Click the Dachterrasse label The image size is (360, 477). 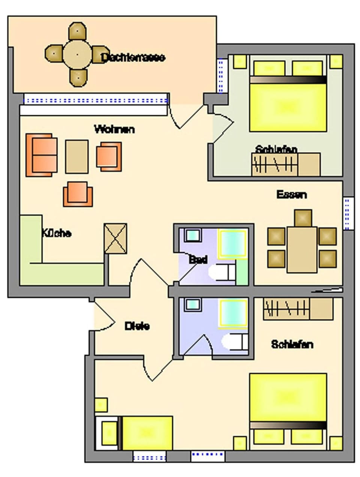coord(133,57)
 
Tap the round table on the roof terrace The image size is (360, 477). coord(77,55)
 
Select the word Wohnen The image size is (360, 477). coord(114,129)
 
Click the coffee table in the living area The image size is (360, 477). coord(77,156)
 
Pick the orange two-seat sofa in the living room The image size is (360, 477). coord(41,155)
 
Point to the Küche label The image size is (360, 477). coord(56,233)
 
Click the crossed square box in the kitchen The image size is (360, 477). coord(115,238)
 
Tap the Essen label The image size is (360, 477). coord(292,194)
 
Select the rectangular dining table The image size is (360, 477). coord(302,250)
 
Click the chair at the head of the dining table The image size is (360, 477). coord(303,218)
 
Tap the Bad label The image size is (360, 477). coord(198,259)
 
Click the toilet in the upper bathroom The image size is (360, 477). coord(221,272)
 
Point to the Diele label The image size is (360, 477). coord(137,326)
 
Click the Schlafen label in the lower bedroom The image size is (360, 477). coord(292,344)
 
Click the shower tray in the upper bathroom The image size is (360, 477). coord(232,244)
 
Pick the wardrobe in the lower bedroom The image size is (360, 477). coord(298,308)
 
